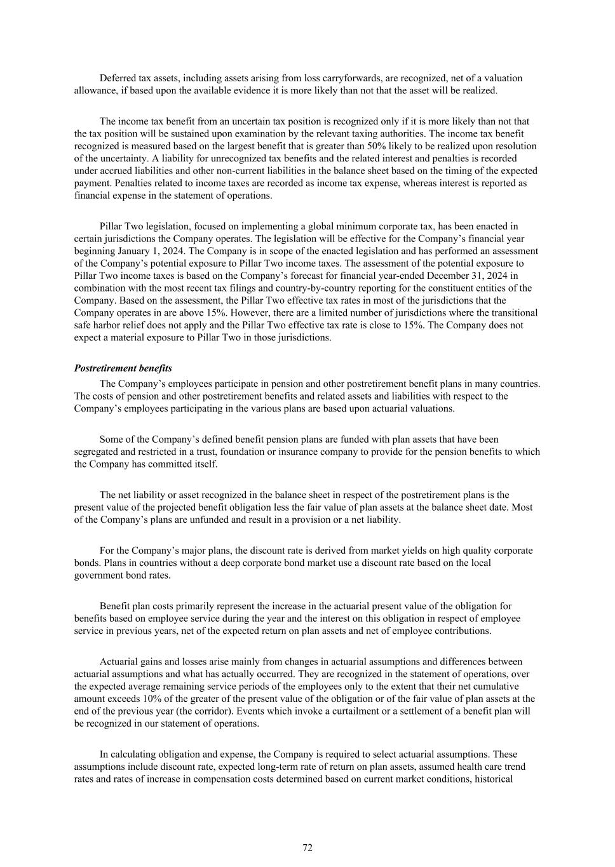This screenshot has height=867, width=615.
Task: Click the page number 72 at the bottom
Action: tap(307, 847)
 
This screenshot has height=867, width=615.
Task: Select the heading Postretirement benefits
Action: tap(123, 368)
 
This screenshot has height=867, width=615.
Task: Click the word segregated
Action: tap(96, 452)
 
